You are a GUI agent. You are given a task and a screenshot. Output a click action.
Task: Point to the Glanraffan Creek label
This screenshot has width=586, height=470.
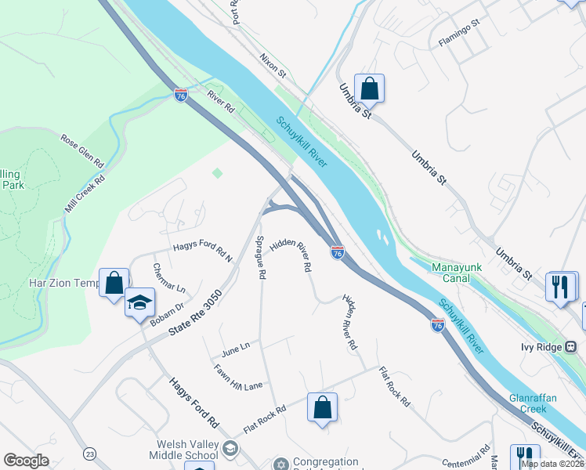click(533, 403)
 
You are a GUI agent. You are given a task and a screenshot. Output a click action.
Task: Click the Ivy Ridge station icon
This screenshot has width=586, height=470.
click(571, 346)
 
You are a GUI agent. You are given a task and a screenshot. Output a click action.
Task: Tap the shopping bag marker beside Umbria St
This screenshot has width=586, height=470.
click(369, 89)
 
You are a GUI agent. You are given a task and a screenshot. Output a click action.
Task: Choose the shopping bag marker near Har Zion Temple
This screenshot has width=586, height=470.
click(114, 283)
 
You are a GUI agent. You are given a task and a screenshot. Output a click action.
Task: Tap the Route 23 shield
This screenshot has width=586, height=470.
click(91, 454)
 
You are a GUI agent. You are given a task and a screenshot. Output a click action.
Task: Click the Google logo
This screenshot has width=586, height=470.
click(27, 461)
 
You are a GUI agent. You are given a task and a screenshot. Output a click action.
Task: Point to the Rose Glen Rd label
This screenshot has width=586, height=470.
click(82, 150)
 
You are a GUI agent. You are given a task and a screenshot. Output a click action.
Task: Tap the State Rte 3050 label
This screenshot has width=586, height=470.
click(195, 314)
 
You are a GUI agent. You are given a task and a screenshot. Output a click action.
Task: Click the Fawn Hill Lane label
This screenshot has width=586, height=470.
click(238, 377)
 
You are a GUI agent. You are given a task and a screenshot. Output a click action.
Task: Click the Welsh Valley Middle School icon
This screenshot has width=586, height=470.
click(230, 448)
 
